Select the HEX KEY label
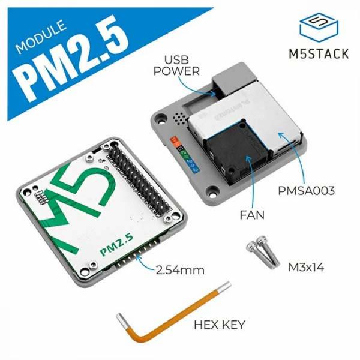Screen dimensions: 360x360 (220, 325)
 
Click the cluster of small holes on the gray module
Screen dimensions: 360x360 (177, 118)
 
